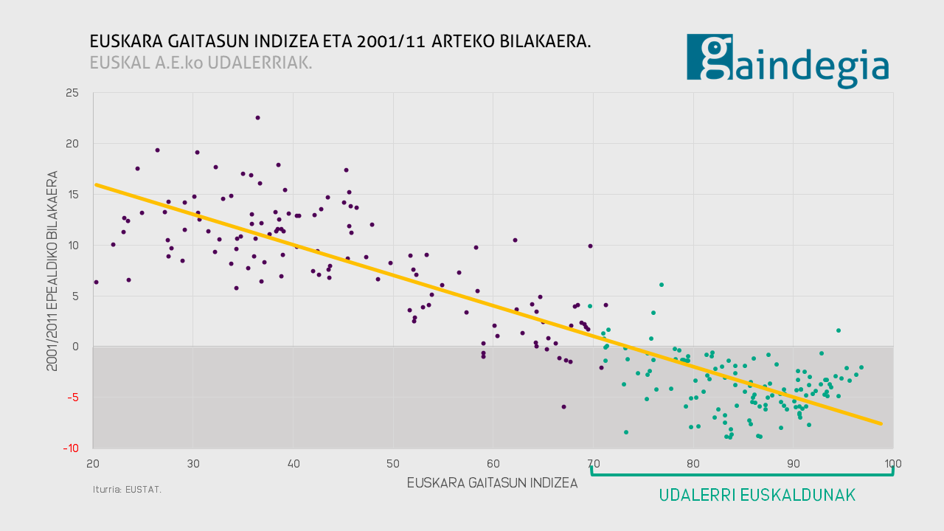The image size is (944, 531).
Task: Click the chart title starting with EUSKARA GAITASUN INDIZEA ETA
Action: click(x=340, y=41)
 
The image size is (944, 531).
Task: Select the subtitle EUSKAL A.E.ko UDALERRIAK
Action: click(x=201, y=63)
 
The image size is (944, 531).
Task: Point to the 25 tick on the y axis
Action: click(x=72, y=93)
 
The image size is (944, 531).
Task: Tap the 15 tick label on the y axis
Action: click(x=72, y=195)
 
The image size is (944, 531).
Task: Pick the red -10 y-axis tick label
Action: click(x=71, y=448)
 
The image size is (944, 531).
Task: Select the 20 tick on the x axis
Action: click(x=93, y=464)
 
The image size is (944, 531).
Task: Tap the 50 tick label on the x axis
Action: click(x=393, y=464)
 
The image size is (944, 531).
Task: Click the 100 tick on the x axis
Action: click(x=892, y=464)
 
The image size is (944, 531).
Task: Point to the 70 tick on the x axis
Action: click(x=593, y=464)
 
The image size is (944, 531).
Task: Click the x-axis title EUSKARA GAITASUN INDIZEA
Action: click(x=492, y=484)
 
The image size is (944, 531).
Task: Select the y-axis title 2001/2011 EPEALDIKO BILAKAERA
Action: click(x=52, y=271)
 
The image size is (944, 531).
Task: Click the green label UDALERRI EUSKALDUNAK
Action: click(x=757, y=496)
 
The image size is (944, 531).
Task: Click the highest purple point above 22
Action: click(x=257, y=117)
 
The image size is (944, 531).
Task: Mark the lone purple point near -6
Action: click(x=563, y=406)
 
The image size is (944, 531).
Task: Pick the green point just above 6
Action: click(x=662, y=285)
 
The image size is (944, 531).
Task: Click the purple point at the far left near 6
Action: click(x=96, y=282)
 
